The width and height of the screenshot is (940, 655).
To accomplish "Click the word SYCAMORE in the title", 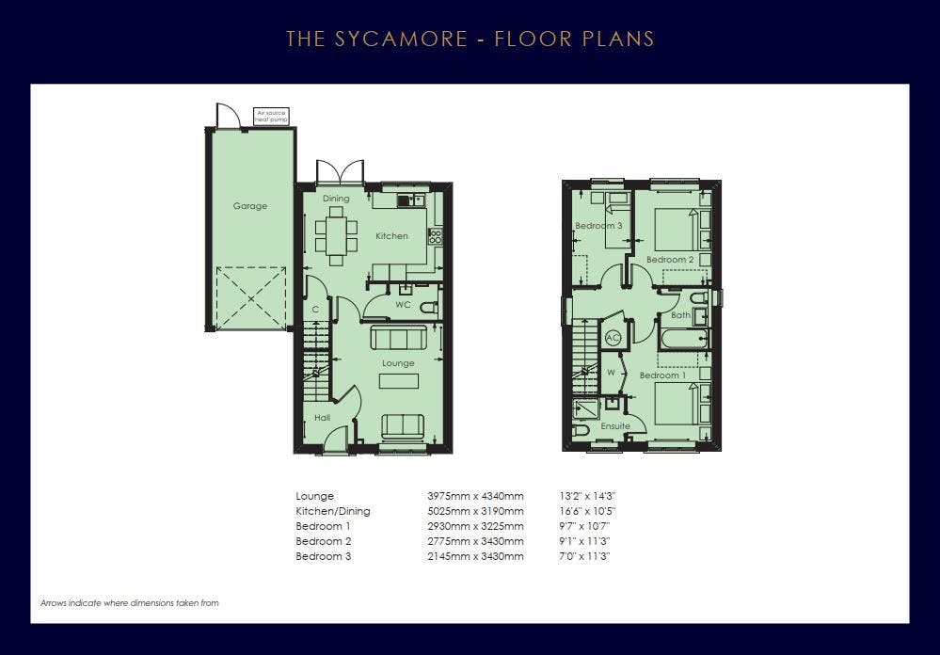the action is [x=401, y=39].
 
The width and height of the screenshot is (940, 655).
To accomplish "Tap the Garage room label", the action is [x=250, y=206].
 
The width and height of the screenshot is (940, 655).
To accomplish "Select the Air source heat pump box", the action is [x=272, y=117].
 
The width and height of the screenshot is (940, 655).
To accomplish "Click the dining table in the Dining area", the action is [x=336, y=235].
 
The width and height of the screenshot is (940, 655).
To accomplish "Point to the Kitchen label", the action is [x=391, y=235].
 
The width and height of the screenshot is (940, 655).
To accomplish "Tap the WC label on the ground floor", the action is [x=403, y=305].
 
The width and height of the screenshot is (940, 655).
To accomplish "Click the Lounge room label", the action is [x=398, y=363].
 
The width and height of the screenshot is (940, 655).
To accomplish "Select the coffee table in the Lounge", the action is [x=399, y=381].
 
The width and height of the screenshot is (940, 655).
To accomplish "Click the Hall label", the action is [x=322, y=418].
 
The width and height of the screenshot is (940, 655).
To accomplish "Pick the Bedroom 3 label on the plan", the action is [x=598, y=226].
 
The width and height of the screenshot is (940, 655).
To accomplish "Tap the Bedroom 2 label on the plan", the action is [x=670, y=259].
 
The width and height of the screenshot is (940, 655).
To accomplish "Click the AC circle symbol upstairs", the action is [x=612, y=338].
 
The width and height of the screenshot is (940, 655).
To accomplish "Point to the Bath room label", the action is [x=680, y=315].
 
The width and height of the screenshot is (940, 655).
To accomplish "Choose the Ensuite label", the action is [x=615, y=426].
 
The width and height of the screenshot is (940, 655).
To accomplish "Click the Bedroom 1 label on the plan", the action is [x=662, y=375].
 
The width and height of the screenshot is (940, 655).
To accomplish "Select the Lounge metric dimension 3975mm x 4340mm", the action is [x=475, y=496].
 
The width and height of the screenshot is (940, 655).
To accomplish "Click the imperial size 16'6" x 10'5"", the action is [x=587, y=511].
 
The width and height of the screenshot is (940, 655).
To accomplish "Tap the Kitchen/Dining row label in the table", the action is [x=333, y=511].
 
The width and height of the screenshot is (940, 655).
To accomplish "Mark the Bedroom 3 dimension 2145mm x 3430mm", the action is [x=475, y=556].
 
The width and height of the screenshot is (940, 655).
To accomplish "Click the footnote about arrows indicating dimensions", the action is [x=130, y=603].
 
